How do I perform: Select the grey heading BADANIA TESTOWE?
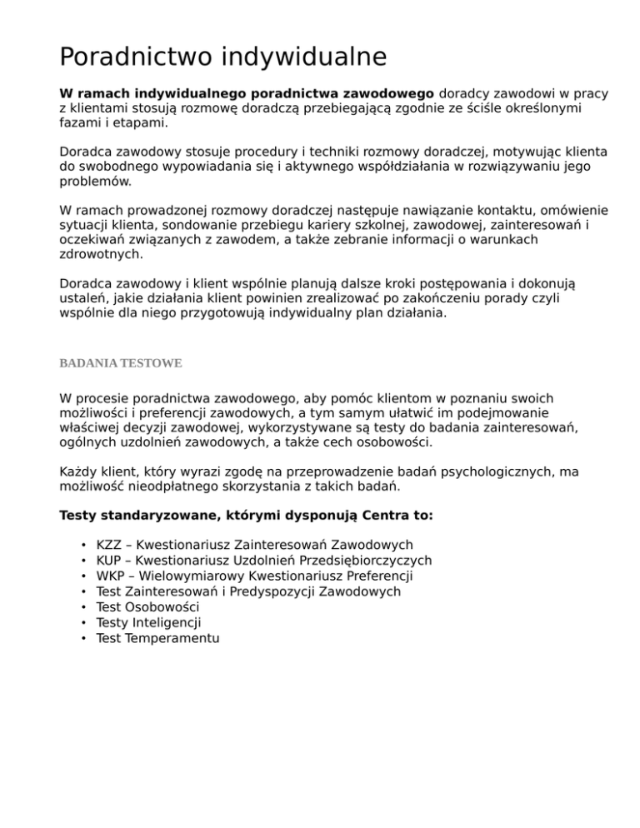(x=121, y=364)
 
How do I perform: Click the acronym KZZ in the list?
(x=110, y=545)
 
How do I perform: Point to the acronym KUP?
(x=110, y=561)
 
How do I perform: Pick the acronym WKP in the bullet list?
(x=111, y=576)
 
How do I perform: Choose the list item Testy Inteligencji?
(x=148, y=622)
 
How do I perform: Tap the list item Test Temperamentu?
(x=157, y=638)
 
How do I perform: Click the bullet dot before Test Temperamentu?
(x=86, y=638)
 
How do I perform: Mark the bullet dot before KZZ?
(x=86, y=545)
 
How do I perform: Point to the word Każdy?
(x=79, y=471)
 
